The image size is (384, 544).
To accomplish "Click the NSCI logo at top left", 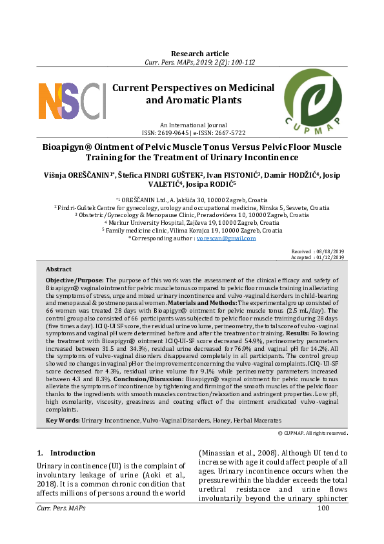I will (x=72, y=100).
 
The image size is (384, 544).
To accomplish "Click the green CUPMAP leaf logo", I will (x=313, y=97).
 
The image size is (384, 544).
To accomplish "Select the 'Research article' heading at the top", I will (x=199, y=53).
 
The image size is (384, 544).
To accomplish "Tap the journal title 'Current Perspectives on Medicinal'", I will (x=193, y=88).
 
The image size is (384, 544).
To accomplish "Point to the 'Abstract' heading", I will (x=59, y=269).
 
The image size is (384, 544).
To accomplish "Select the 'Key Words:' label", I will (x=63, y=402).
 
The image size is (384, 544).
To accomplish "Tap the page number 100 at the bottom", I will (x=324, y=508).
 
